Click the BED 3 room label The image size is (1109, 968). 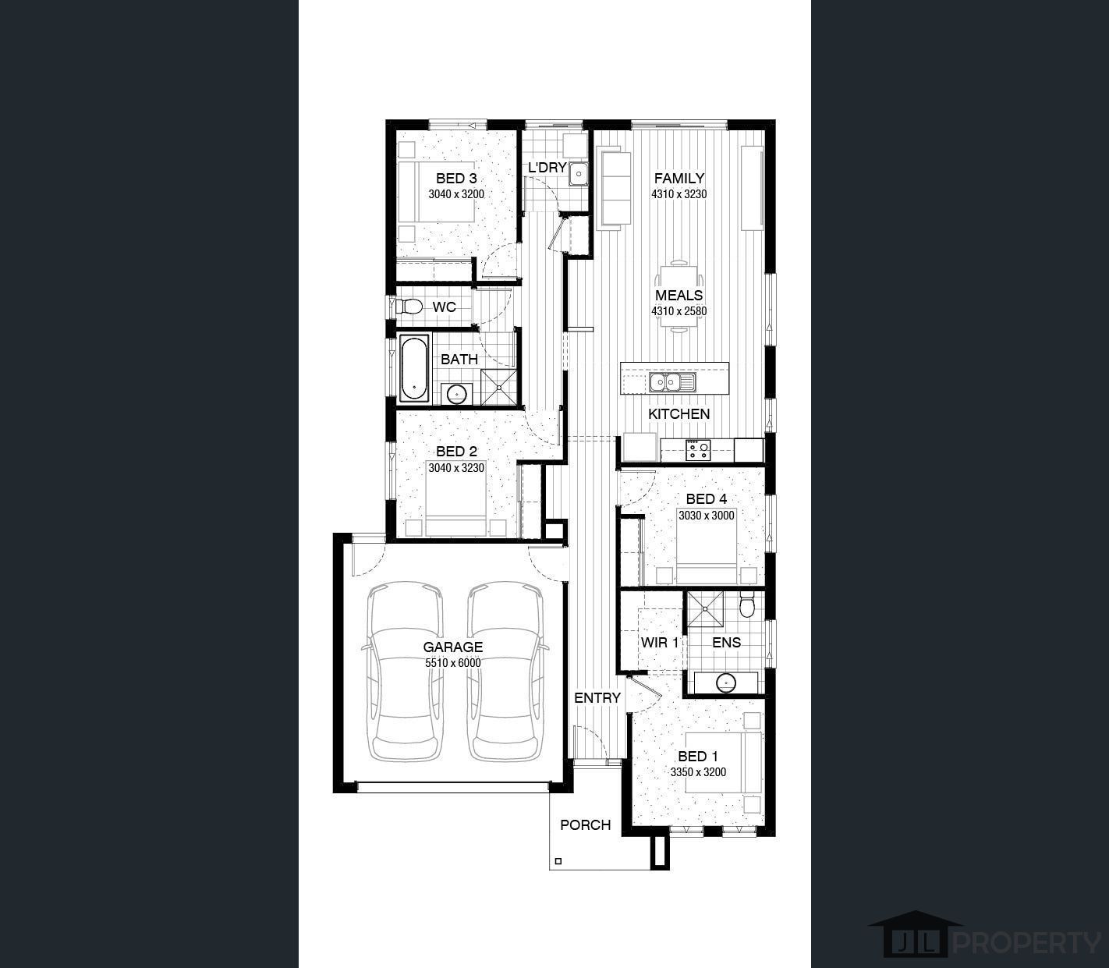click(456, 178)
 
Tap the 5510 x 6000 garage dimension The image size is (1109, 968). click(453, 663)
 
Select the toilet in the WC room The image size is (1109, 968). click(409, 307)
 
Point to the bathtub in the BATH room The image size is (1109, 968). click(415, 368)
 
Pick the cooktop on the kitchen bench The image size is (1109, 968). click(698, 450)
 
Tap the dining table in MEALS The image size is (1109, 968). click(679, 296)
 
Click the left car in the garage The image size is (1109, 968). click(406, 672)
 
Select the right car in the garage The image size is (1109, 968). click(505, 672)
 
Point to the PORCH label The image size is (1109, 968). click(586, 825)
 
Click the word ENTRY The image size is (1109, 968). click(597, 697)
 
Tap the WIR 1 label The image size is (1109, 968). click(660, 643)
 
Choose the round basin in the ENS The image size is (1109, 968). click(726, 683)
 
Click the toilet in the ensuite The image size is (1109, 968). click(747, 605)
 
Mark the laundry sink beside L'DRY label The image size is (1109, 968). click(579, 173)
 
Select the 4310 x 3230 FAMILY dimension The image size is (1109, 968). click(679, 194)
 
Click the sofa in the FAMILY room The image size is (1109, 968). click(615, 187)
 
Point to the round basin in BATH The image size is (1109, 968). click(457, 393)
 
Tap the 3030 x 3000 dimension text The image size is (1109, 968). click(707, 516)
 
